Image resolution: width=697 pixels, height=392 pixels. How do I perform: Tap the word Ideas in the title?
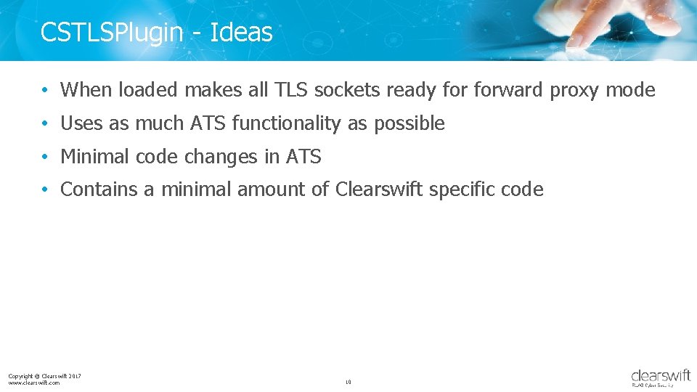[241, 32]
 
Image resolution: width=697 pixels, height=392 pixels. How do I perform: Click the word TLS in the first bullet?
[291, 90]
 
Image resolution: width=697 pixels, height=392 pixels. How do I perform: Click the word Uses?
[82, 123]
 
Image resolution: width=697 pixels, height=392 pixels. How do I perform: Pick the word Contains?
[99, 189]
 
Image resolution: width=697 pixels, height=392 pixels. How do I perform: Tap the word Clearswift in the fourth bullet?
[379, 189]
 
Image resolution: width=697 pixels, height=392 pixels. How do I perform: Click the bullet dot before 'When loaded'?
[45, 91]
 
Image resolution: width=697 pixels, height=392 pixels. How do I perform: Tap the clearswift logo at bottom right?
[661, 377]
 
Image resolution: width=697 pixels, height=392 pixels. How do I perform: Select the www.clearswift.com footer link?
[34, 383]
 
